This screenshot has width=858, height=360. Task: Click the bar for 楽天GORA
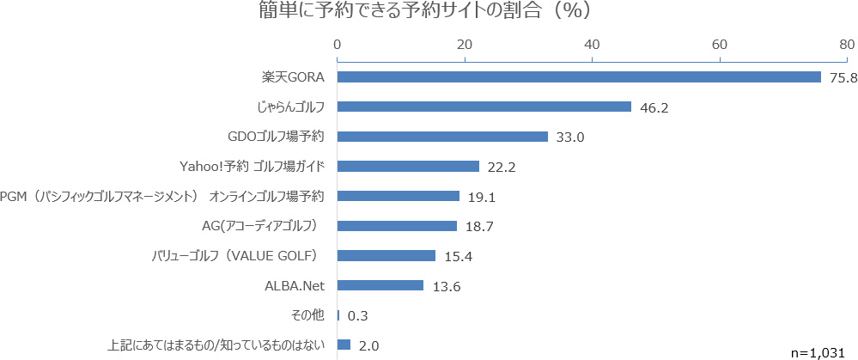click(578, 77)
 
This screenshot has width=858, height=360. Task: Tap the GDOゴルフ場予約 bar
click(442, 137)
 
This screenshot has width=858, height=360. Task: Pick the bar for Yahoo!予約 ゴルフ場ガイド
click(408, 166)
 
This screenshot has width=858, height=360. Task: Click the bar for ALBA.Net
click(380, 285)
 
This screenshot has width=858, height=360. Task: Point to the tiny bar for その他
click(338, 314)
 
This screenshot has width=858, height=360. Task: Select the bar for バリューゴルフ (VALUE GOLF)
click(386, 255)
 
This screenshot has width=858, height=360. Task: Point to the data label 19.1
click(481, 197)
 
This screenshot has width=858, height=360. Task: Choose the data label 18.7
click(478, 227)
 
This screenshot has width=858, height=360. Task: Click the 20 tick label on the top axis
click(465, 44)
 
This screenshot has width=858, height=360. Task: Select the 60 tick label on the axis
click(720, 44)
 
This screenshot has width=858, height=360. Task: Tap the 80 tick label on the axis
click(847, 44)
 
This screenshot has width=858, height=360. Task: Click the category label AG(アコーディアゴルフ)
click(260, 226)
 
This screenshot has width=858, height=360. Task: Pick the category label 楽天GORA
click(293, 77)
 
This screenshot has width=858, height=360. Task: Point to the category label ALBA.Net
click(294, 285)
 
